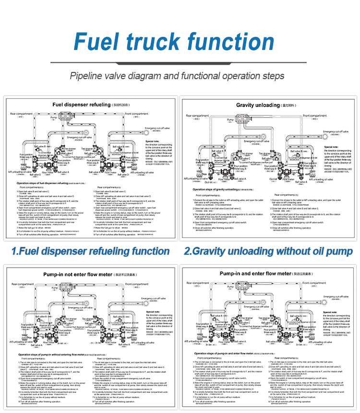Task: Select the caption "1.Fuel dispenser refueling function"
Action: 91,251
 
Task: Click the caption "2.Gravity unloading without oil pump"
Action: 268,251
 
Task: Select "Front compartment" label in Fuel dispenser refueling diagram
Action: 137,114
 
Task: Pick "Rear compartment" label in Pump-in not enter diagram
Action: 21,284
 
